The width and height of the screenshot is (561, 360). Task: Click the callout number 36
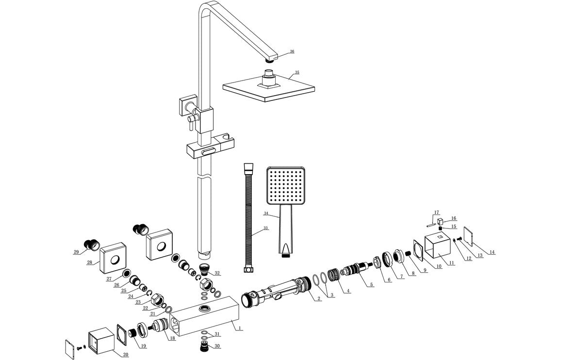pos(292,51)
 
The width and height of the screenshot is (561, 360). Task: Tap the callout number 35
pos(297,72)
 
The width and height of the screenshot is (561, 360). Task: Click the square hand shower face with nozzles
pos(284,186)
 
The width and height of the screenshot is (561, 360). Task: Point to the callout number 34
pos(266,213)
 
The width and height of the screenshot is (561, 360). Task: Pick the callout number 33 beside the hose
pos(266,228)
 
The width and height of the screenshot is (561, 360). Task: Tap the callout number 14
pos(492,252)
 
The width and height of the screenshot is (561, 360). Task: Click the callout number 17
pos(437,212)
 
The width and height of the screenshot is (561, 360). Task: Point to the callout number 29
pos(76,251)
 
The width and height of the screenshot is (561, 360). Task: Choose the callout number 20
pos(125,355)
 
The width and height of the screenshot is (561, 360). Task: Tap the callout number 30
pos(217,346)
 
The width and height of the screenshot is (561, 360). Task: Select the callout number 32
pos(217,273)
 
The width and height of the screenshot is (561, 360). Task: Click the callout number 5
pos(371,284)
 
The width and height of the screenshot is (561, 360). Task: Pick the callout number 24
pos(130,296)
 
